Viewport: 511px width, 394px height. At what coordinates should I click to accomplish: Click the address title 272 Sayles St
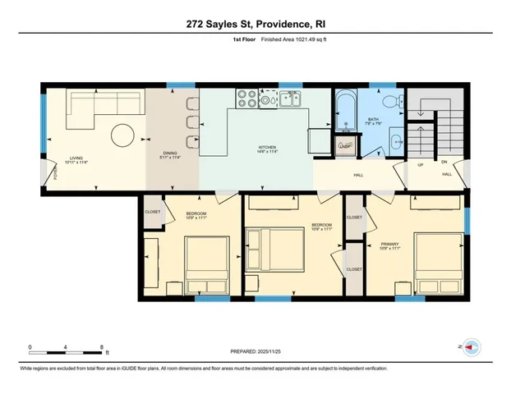pyautogui.click(x=255, y=25)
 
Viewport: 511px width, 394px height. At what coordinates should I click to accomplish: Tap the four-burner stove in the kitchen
pyautogui.click(x=247, y=99)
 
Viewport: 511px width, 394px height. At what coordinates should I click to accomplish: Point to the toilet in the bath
pyautogui.click(x=395, y=102)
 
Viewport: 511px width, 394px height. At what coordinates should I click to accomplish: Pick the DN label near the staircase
pyautogui.click(x=444, y=162)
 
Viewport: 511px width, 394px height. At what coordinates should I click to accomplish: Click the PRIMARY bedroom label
pyautogui.click(x=389, y=244)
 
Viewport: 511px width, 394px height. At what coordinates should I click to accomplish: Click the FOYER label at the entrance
pyautogui.click(x=45, y=172)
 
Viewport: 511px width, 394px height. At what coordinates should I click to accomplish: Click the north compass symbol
pyautogui.click(x=471, y=347)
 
